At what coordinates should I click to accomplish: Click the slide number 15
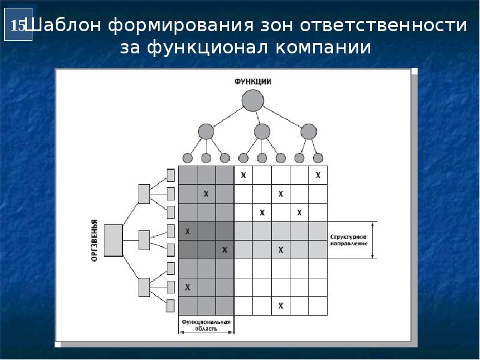click(18, 26)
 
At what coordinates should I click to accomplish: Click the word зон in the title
click(276, 26)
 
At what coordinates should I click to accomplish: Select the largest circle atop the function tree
click(253, 100)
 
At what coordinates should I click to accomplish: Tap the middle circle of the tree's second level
click(262, 131)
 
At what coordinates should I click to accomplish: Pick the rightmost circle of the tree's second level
click(308, 131)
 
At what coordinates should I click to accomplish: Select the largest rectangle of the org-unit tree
click(113, 241)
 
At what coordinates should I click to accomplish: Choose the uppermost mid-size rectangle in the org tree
click(144, 194)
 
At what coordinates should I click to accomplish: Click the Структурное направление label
click(349, 241)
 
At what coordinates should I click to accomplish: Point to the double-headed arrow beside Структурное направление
click(373, 241)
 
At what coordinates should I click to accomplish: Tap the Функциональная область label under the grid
click(206, 325)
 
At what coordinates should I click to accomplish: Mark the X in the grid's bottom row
click(280, 306)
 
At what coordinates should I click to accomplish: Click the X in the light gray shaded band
click(280, 250)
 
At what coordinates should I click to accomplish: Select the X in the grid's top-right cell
click(318, 175)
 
